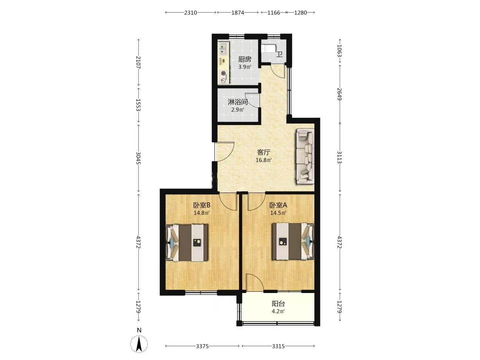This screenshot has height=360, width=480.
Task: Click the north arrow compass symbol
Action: coord(139,344)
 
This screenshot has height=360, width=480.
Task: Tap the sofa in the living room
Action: coord(305,156)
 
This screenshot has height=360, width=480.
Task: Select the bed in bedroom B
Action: coord(187,242)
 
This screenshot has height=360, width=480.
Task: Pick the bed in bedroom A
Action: coord(293,241)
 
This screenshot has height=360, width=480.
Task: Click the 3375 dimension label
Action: coord(202,346)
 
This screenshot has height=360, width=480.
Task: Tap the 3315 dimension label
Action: coord(278,346)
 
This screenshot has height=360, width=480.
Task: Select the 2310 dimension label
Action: coord(190,13)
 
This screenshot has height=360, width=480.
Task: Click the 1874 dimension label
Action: coord(238,13)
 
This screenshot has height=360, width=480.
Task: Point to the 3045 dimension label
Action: coord(138,158)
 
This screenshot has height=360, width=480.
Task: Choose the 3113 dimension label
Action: coord(339,157)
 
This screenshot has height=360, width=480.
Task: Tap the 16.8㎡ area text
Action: coord(264,160)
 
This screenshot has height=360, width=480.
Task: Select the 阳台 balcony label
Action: coord(278,304)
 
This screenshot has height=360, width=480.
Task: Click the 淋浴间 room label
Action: coord(238,102)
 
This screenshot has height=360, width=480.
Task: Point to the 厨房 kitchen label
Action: coord(245,59)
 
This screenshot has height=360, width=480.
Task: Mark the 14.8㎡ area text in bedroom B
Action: coord(202,213)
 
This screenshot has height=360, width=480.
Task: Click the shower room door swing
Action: coord(252,100)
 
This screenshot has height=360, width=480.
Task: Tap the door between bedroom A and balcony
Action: coord(254,282)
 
